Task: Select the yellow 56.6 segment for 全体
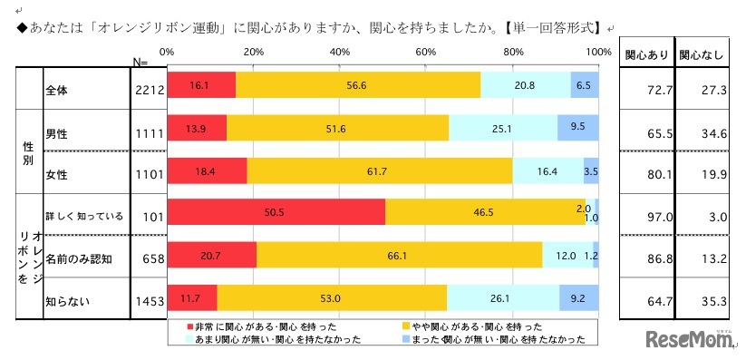[x=358, y=84]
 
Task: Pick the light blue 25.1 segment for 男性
[x=502, y=127]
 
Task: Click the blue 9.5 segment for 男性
[x=577, y=127]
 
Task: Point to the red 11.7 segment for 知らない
[x=192, y=297]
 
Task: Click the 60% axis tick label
[x=426, y=53]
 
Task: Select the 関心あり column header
[x=646, y=54]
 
